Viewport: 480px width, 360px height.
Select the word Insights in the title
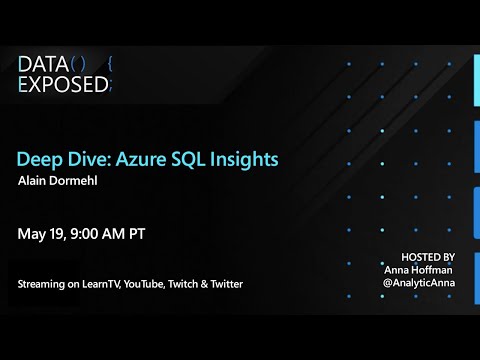coord(242,159)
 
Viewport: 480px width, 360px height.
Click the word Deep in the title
coord(38,159)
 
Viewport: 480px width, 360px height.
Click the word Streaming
coord(42,285)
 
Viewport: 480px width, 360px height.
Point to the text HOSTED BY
coord(427,257)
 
